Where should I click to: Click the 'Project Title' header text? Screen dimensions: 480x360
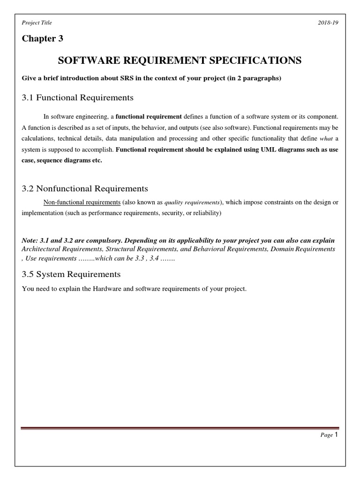[x=37, y=23]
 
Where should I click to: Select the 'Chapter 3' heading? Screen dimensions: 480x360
[x=42, y=38]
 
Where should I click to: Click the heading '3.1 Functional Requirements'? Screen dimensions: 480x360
[x=78, y=97]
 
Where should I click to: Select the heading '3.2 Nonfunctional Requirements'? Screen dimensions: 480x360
[x=85, y=188]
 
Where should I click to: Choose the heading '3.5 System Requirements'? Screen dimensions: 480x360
[x=71, y=274]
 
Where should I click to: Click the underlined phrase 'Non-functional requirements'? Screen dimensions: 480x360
[x=78, y=202]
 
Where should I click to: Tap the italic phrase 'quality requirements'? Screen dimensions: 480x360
[x=192, y=202]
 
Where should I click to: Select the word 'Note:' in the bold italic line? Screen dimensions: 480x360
[x=31, y=240]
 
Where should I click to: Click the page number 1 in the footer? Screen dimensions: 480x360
[x=336, y=435]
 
